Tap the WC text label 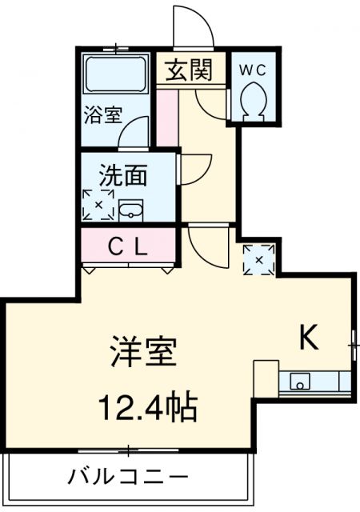[253, 70]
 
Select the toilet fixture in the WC [253, 101]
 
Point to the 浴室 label [103, 115]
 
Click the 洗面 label [123, 175]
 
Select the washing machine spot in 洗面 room [98, 205]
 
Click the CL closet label [128, 247]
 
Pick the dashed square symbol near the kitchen [259, 259]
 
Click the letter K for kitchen [309, 338]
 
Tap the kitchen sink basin [299, 382]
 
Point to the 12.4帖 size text [148, 407]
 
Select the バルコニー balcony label [128, 477]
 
